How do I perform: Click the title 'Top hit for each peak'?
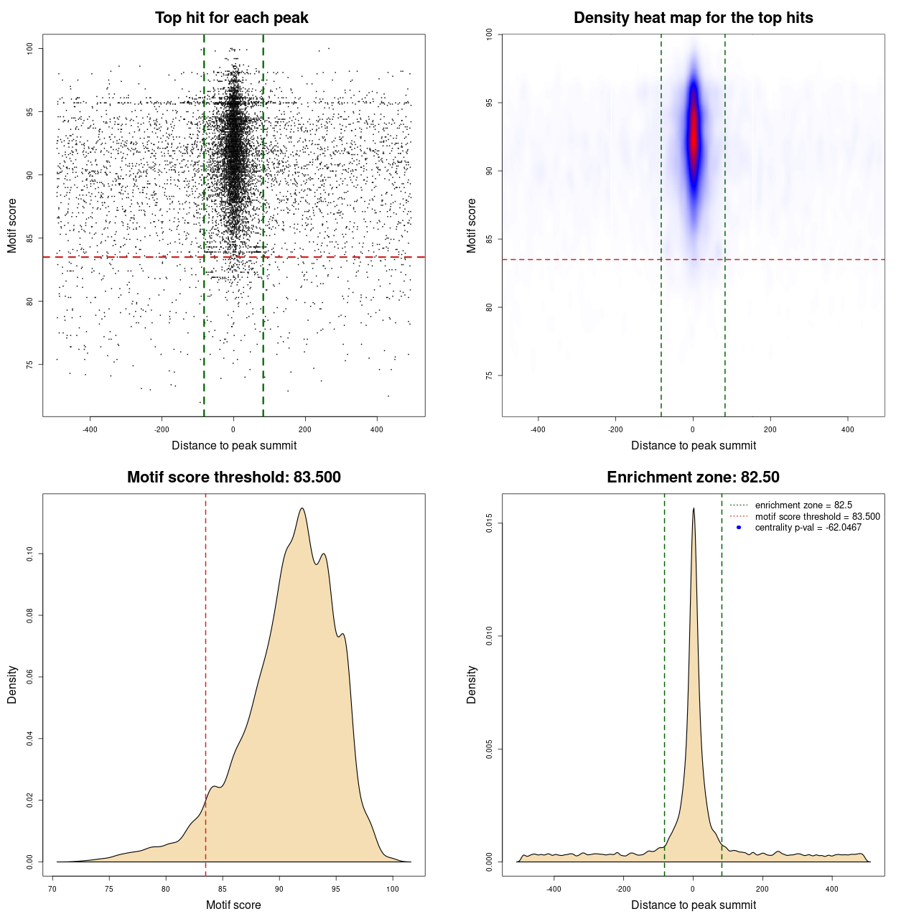(231, 18)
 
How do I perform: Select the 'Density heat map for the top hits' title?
(693, 18)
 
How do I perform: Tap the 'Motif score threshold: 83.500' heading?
(233, 477)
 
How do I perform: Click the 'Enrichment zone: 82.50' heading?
(693, 477)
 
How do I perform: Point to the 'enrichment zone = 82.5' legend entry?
(803, 505)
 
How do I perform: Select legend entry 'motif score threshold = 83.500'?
(817, 516)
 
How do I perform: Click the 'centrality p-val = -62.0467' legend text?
(808, 528)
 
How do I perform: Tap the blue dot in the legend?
(739, 528)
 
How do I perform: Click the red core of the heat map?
(694, 136)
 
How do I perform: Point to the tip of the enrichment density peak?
(694, 509)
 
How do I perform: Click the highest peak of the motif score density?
(302, 509)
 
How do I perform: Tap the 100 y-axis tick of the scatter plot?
(29, 48)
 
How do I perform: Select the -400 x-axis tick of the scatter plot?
(90, 429)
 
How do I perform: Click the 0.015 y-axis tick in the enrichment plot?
(489, 523)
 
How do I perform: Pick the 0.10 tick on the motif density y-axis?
(29, 554)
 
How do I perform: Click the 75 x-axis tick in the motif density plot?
(109, 889)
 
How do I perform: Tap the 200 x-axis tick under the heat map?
(770, 429)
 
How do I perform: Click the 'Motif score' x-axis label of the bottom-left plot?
(233, 905)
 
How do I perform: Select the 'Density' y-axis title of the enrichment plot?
(472, 684)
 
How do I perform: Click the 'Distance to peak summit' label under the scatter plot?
(234, 445)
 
